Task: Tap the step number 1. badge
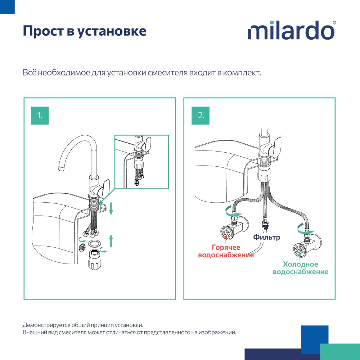point(40,116)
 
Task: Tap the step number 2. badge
point(201,116)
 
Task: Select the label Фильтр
point(266,237)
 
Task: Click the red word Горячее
point(226,247)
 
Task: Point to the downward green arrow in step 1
point(111,208)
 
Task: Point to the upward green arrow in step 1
point(111,240)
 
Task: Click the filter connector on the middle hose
point(265,224)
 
